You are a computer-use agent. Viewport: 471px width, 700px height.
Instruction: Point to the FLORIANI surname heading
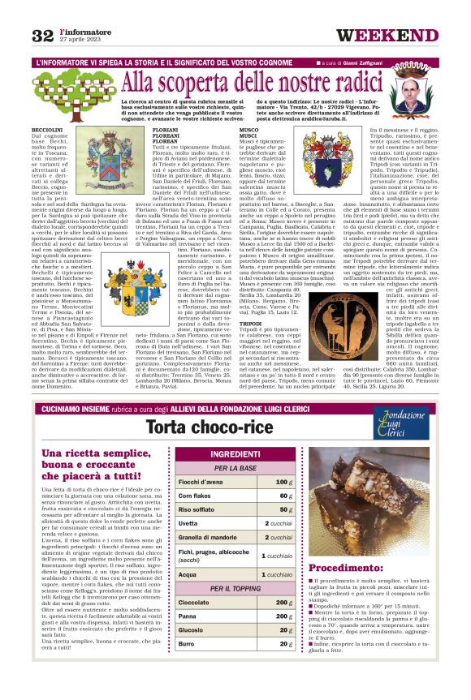coord(166,130)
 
